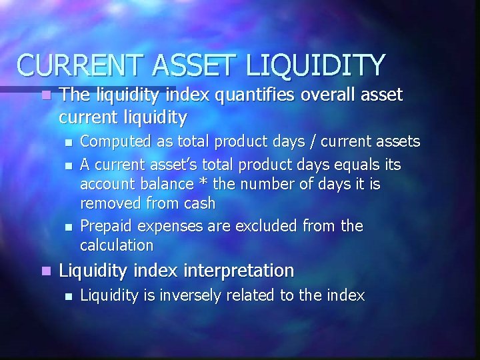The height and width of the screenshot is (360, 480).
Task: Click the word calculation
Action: (x=116, y=245)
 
